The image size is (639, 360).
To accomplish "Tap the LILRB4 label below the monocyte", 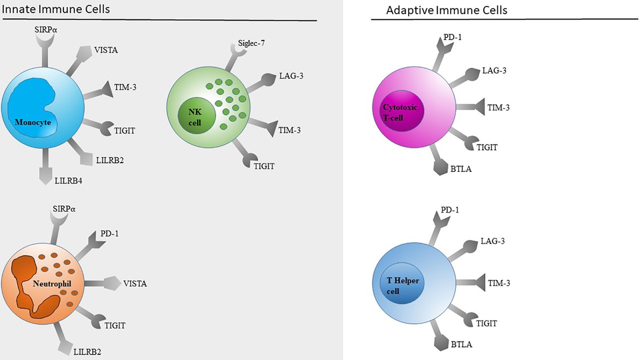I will click(68, 180).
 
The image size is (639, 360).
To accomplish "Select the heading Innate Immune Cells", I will click(56, 9).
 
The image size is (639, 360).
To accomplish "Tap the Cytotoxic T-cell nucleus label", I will click(399, 112).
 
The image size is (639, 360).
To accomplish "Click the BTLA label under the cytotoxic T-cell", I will click(461, 169).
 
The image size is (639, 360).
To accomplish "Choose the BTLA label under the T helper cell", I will click(461, 344).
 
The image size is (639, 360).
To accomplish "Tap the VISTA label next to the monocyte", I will click(106, 49).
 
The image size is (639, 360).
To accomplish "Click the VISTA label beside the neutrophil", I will click(135, 283).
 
